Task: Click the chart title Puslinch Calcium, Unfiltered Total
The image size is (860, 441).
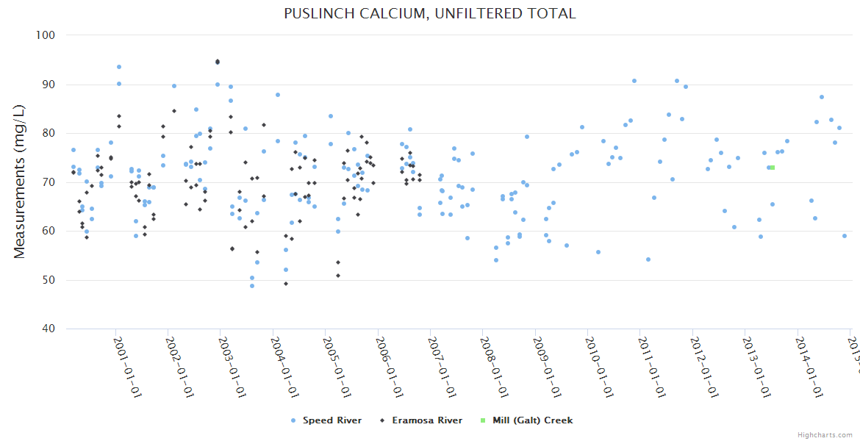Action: coord(430,13)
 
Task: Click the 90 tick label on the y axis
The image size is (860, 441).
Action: coord(49,85)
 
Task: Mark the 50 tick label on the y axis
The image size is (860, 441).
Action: coord(49,280)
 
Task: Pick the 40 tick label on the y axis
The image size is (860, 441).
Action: coord(49,329)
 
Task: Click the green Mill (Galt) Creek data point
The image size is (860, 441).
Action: coord(772,168)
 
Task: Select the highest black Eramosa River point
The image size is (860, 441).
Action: coord(218,62)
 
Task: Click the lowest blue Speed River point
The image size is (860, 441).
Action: coord(252,286)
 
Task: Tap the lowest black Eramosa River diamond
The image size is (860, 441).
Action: coord(286,284)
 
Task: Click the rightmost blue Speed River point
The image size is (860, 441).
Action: coord(845,236)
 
